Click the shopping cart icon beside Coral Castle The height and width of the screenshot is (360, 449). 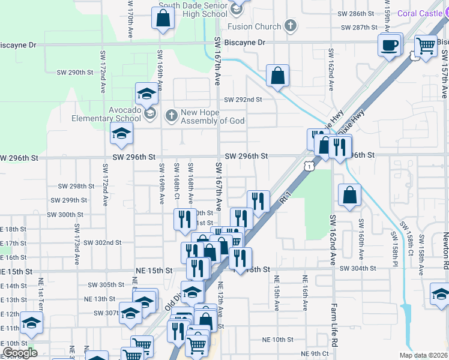click(426, 45)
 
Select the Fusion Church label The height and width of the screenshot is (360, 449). click(254, 26)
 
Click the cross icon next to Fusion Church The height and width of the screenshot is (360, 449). click(290, 25)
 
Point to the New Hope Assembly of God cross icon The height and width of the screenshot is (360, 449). click(171, 114)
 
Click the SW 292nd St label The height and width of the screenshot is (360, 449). click(243, 100)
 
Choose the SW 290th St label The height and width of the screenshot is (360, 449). click(75, 72)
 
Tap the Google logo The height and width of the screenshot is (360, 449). click(20, 353)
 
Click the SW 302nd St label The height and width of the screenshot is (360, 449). click(103, 242)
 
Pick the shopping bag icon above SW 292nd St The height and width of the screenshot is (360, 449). click(277, 76)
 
